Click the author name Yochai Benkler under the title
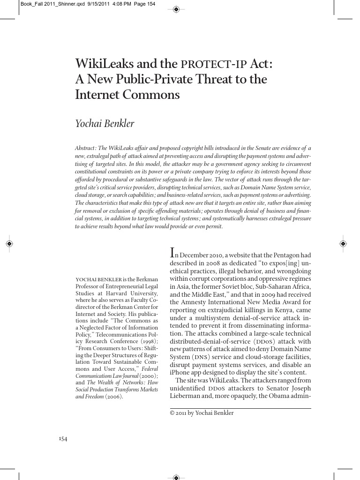105,124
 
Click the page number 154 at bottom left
63,439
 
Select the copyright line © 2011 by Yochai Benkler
201,413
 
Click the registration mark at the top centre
176,9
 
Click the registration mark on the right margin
343,244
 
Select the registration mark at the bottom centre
176,477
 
